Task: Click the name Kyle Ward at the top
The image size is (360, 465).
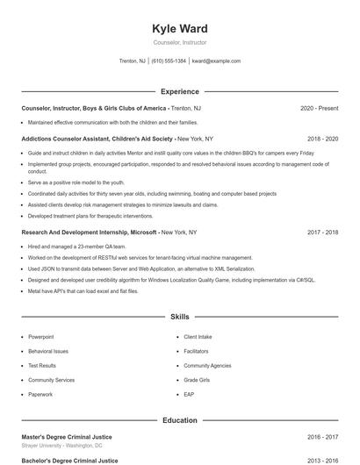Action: point(180,29)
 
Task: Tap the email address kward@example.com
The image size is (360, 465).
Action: point(216,61)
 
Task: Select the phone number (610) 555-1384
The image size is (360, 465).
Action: point(169,61)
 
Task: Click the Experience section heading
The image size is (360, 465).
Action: point(180,91)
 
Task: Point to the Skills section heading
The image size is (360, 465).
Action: point(180,316)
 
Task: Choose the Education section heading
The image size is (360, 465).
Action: point(180,420)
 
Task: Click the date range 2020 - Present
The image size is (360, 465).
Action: point(319,108)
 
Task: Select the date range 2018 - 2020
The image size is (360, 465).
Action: point(322,139)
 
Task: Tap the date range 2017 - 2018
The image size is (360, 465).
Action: point(322,232)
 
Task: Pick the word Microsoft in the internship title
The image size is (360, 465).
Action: point(144,232)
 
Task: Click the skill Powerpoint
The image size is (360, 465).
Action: point(40,336)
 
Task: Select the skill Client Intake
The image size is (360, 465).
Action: point(198,336)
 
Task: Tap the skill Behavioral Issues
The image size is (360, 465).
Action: point(48,351)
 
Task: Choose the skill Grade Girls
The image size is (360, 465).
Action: point(197,380)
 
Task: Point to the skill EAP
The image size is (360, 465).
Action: point(189,395)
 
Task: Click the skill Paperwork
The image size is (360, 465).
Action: point(40,395)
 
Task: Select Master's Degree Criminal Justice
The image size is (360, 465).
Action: point(67,436)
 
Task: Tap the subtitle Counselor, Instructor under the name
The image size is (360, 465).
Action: point(180,42)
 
